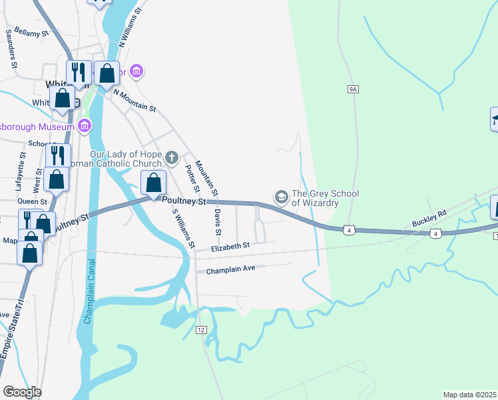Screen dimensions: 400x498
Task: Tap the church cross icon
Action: (x=171, y=158)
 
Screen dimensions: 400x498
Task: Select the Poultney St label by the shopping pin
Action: (x=182, y=200)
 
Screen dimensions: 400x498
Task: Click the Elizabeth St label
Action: (x=230, y=246)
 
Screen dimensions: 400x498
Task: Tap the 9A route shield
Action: (x=353, y=89)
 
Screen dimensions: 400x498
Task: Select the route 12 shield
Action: (x=200, y=330)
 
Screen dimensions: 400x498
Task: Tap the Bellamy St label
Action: (x=32, y=32)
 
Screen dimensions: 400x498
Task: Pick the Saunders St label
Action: (x=11, y=50)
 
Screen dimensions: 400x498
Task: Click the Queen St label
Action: (x=32, y=201)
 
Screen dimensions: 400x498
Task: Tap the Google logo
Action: (x=22, y=392)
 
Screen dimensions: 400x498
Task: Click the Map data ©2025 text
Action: (x=469, y=395)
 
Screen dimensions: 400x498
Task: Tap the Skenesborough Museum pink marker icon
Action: (x=85, y=126)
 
